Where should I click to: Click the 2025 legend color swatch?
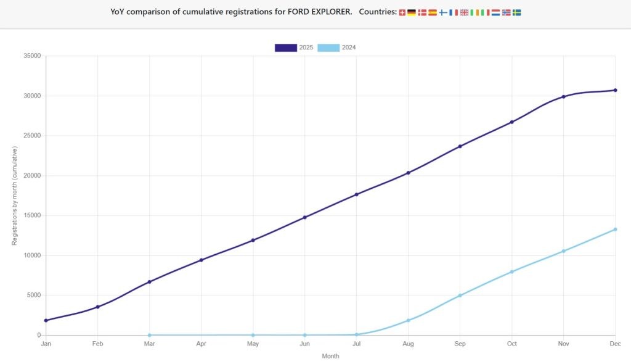[x=286, y=48]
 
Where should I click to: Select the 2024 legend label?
[x=348, y=48]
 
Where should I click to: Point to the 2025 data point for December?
[x=615, y=90]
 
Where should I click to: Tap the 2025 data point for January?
[x=46, y=320]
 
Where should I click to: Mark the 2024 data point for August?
[x=408, y=320]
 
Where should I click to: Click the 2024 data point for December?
[x=615, y=230]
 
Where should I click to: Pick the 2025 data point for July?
[x=356, y=194]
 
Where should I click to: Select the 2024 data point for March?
[x=150, y=335]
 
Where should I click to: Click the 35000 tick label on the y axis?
[x=31, y=56]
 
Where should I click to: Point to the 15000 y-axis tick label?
[x=31, y=215]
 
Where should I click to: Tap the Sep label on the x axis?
[x=460, y=344]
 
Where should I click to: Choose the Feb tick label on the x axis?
[x=97, y=344]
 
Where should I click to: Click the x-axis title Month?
[x=330, y=356]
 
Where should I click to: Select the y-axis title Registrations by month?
[x=14, y=196]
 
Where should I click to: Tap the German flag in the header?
[x=412, y=12]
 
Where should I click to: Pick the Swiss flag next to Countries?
[x=402, y=12]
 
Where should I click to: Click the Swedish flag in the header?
[x=516, y=12]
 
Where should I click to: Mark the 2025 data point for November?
[x=563, y=97]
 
